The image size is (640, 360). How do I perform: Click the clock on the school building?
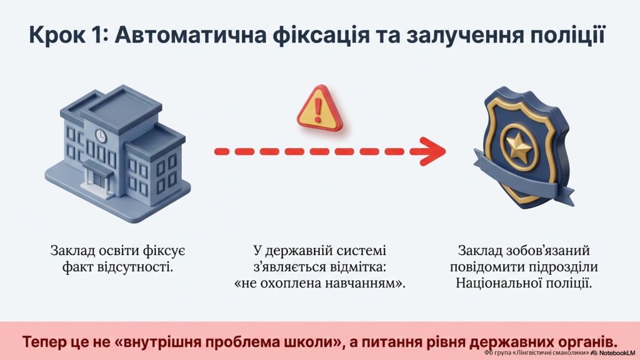coord(100,136)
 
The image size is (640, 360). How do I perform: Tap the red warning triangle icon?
coord(319,109)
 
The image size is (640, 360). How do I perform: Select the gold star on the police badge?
coord(518,146)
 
